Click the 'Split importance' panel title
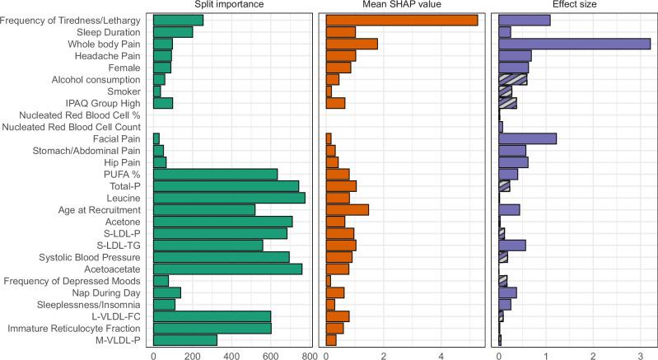(x=230, y=5)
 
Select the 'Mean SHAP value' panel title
(x=403, y=5)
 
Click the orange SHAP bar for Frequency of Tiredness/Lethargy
(x=402, y=20)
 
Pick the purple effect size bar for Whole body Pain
(x=574, y=44)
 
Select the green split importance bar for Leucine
(x=229, y=198)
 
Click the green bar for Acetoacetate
(x=228, y=269)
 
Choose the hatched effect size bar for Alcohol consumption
(x=512, y=79)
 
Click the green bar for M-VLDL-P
(x=185, y=339)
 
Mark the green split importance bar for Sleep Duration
(x=173, y=32)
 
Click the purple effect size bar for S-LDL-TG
(x=512, y=245)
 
